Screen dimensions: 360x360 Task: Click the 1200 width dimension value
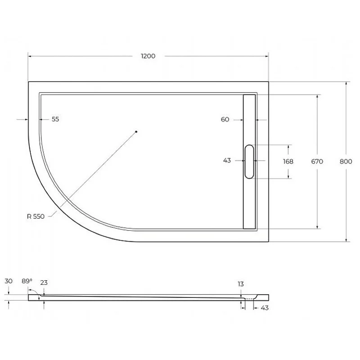(x=148, y=56)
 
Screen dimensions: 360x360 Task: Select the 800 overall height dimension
(x=346, y=162)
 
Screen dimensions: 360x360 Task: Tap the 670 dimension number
(x=317, y=162)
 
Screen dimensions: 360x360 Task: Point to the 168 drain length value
(x=288, y=162)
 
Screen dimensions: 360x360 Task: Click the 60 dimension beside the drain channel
(x=225, y=119)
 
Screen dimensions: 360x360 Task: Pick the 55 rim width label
(x=55, y=119)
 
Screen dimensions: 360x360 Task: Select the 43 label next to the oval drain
(x=227, y=161)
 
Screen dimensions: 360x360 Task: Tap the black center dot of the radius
(x=136, y=132)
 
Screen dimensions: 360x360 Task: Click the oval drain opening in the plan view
(x=249, y=161)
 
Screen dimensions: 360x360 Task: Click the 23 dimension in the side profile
(x=44, y=283)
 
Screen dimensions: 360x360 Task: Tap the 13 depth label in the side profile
(x=242, y=284)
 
